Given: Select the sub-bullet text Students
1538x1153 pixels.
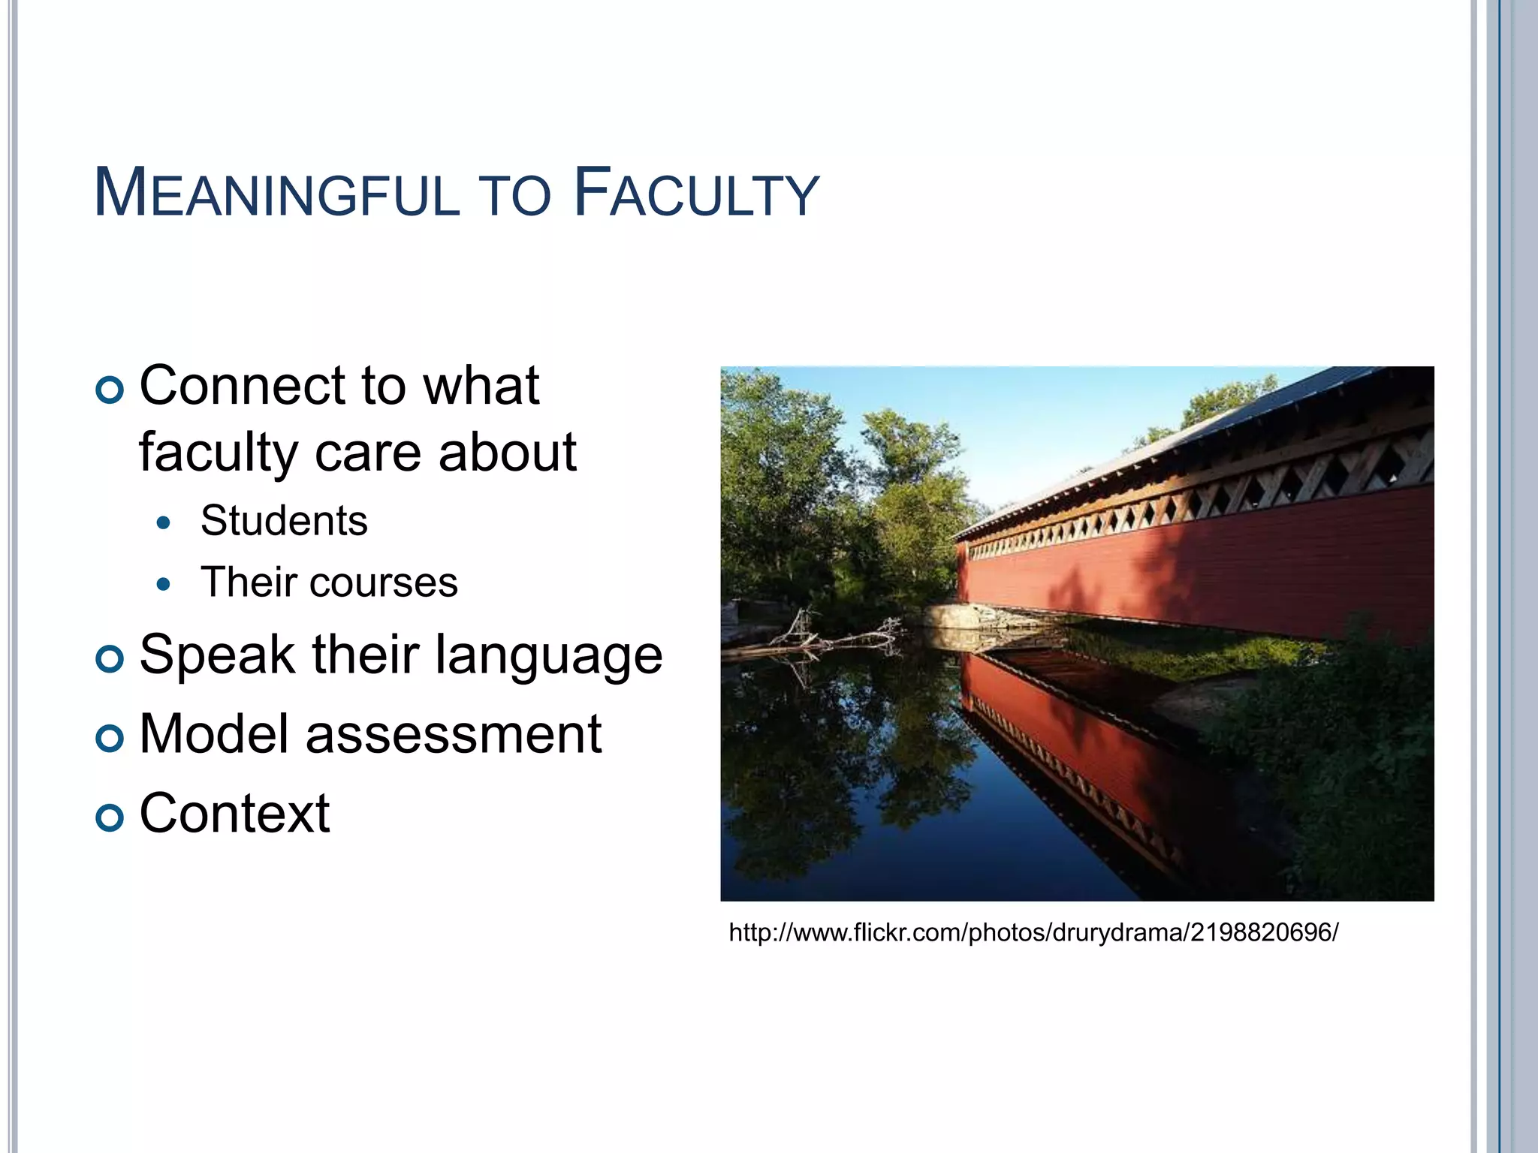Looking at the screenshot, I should (284, 521).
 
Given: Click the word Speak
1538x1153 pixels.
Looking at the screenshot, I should (216, 655).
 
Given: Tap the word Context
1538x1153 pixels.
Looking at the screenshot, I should (234, 814).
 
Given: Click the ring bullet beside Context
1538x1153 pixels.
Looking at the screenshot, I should (110, 817).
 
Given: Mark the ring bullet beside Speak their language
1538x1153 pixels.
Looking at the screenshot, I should (110, 659).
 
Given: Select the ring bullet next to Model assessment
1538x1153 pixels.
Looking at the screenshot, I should (110, 739).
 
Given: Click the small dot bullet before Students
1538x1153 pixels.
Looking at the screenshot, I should (164, 522).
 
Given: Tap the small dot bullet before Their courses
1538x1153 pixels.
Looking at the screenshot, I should (164, 584).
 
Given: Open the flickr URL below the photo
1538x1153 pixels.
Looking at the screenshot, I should (1033, 933).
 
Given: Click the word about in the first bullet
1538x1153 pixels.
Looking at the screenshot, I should (507, 453).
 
